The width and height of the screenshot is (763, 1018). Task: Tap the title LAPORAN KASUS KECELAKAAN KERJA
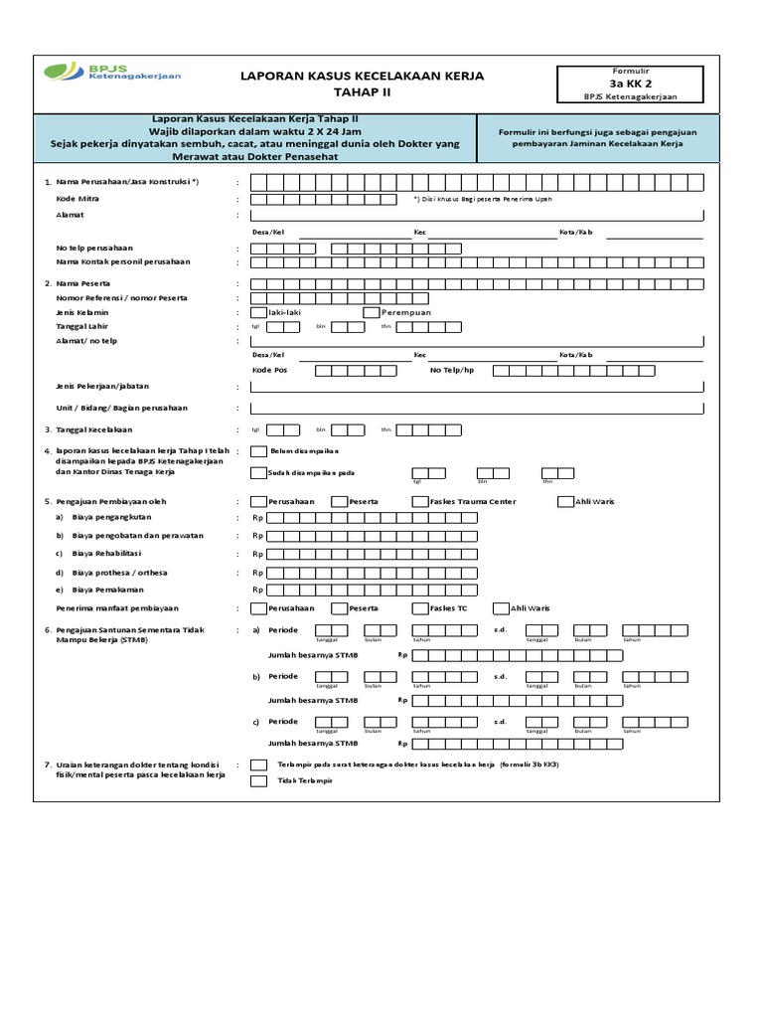pos(364,76)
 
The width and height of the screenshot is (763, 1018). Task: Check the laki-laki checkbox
pos(259,312)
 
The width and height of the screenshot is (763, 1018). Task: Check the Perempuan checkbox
pos(372,312)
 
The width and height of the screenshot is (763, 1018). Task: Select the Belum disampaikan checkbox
pos(259,451)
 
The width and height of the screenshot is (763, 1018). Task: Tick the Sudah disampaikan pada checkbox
pos(259,473)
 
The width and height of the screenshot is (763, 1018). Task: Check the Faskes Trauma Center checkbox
pos(420,501)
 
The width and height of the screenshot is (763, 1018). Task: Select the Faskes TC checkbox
pos(420,607)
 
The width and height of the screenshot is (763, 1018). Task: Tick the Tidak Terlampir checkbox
pos(259,781)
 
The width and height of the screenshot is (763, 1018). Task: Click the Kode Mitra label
pos(76,199)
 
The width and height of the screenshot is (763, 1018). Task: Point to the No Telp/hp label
pos(452,370)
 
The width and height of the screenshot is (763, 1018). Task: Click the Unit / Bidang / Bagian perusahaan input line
pos(478,408)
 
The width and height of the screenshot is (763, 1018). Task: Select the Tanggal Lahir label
pos(82,326)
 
